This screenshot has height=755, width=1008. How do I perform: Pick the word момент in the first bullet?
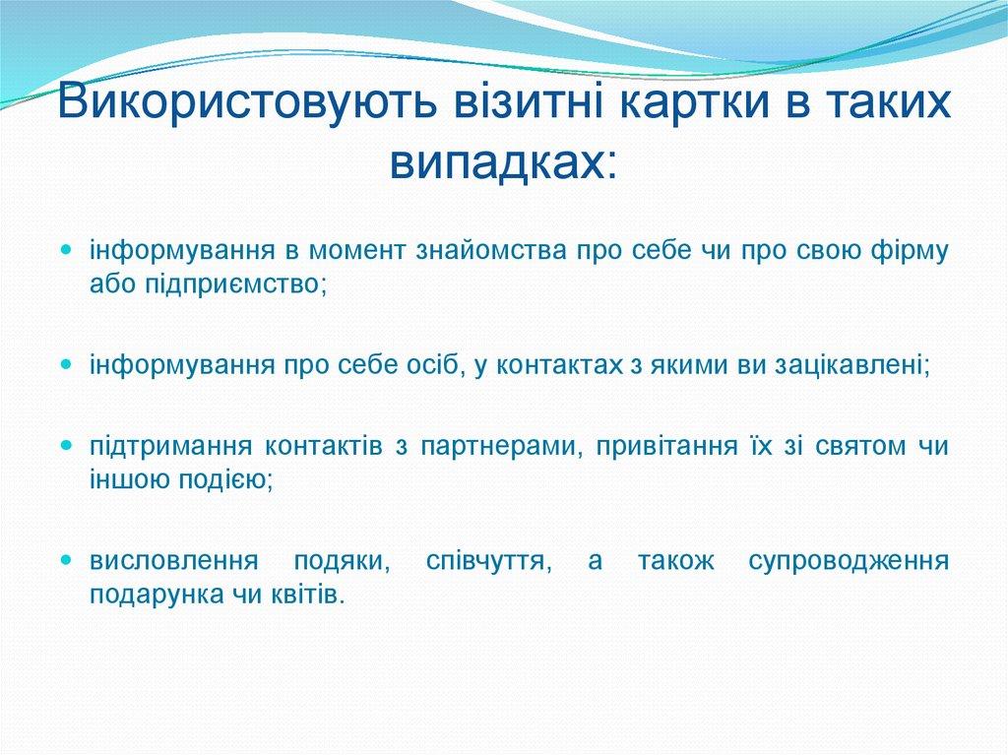pyautogui.click(x=369, y=250)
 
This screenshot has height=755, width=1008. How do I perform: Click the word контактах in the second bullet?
pyautogui.click(x=553, y=365)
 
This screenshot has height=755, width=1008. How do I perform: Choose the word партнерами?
pyautogui.click(x=500, y=447)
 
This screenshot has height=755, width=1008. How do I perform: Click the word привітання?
pyautogui.click(x=665, y=447)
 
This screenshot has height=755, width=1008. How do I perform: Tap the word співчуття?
pyautogui.click(x=487, y=562)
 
